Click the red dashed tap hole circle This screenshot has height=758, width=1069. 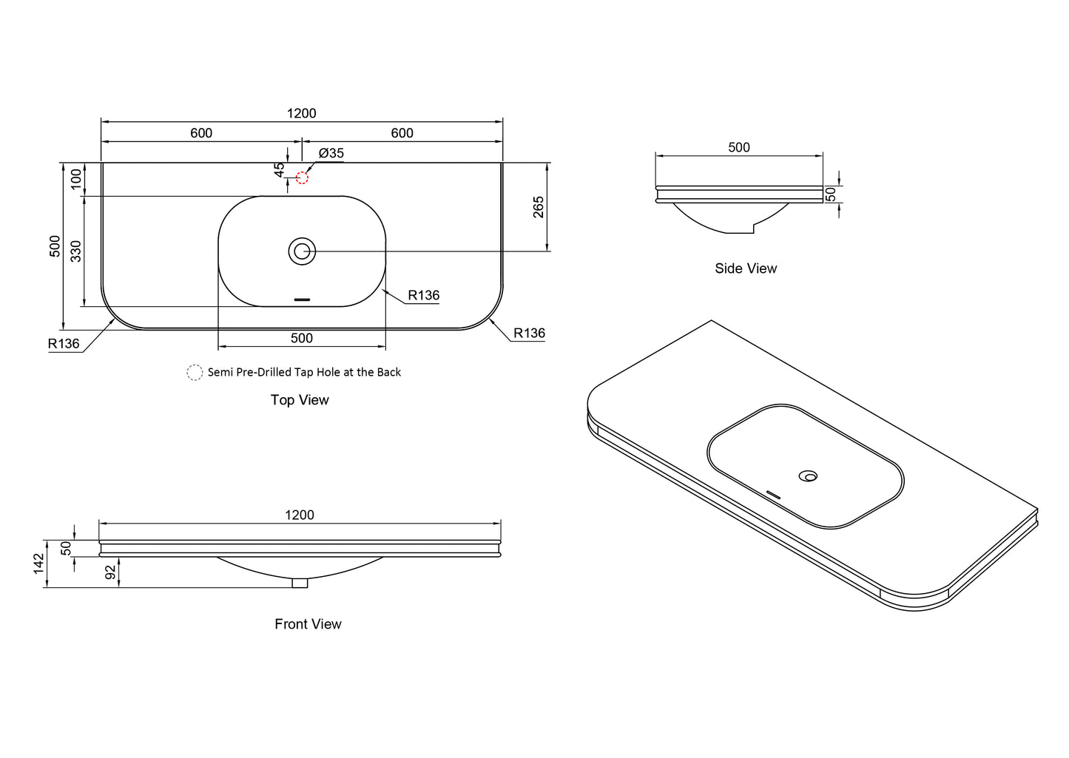pyautogui.click(x=302, y=172)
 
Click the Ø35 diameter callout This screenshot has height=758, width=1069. pyautogui.click(x=331, y=153)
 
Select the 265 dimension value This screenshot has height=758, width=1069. pyautogui.click(x=539, y=207)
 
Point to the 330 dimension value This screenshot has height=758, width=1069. pyautogui.click(x=76, y=251)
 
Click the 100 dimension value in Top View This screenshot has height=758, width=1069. pyautogui.click(x=76, y=180)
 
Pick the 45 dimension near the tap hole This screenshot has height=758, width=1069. pyautogui.click(x=279, y=170)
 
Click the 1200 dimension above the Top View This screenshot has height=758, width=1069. pyautogui.click(x=302, y=114)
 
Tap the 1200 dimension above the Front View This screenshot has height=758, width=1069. pyautogui.click(x=300, y=515)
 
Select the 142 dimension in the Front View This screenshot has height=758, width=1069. pyautogui.click(x=39, y=564)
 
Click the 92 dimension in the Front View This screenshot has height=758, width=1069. pyautogui.click(x=111, y=572)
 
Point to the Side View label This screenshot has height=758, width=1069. pyautogui.click(x=746, y=268)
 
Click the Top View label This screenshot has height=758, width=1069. pyautogui.click(x=300, y=400)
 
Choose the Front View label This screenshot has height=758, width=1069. pyautogui.click(x=308, y=624)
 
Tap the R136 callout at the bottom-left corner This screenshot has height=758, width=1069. pyautogui.click(x=64, y=343)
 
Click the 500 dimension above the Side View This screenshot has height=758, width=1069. pyautogui.click(x=739, y=147)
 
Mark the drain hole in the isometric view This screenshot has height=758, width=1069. pyautogui.click(x=808, y=476)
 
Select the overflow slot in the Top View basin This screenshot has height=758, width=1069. pyautogui.click(x=302, y=300)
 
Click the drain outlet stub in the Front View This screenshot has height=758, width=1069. pyautogui.click(x=300, y=583)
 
